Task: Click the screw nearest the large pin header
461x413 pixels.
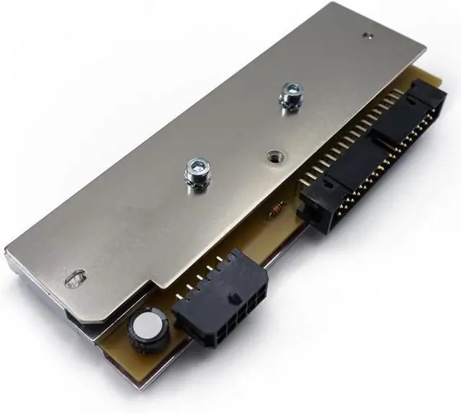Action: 290,95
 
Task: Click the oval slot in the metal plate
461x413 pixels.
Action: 74,277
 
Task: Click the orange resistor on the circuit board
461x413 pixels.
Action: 274,211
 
